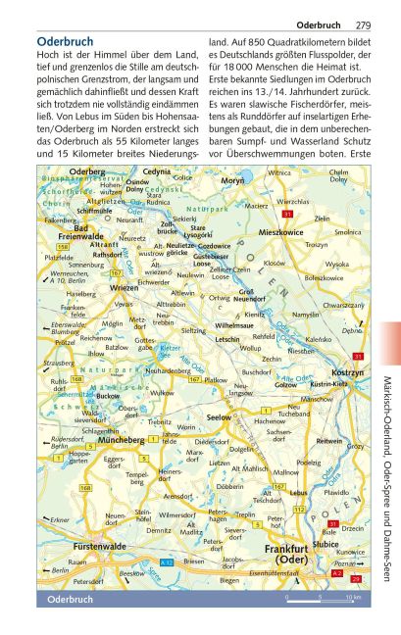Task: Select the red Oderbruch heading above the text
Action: tap(65, 42)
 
